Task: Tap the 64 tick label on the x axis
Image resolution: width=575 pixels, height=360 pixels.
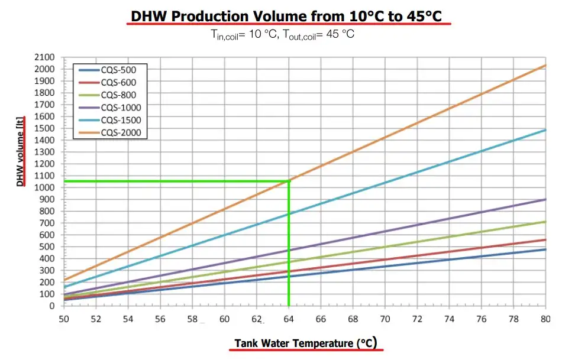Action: pos(289,319)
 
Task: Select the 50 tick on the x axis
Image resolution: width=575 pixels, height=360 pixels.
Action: pos(63,319)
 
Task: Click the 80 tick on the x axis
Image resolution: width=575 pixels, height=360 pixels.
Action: pos(545,319)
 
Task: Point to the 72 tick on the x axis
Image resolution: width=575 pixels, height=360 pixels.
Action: pos(417,319)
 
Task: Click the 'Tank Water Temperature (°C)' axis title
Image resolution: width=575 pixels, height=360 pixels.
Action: pos(305,343)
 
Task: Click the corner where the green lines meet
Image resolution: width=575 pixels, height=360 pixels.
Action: pos(289,181)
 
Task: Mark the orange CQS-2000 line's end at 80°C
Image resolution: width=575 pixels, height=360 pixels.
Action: pos(545,65)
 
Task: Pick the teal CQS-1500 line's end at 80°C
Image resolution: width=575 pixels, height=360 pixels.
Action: pos(545,130)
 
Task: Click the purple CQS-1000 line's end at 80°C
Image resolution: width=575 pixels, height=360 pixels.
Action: pos(545,199)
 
